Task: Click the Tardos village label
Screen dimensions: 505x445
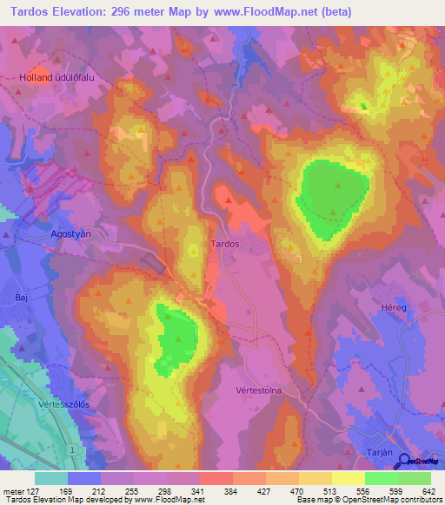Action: pyautogui.click(x=225, y=245)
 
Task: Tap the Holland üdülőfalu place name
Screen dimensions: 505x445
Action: pyautogui.click(x=56, y=78)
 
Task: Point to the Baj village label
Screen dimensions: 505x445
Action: pyautogui.click(x=21, y=297)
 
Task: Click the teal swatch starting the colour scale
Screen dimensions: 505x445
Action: pyautogui.click(x=51, y=478)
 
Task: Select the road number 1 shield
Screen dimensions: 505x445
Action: pyautogui.click(x=74, y=452)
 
